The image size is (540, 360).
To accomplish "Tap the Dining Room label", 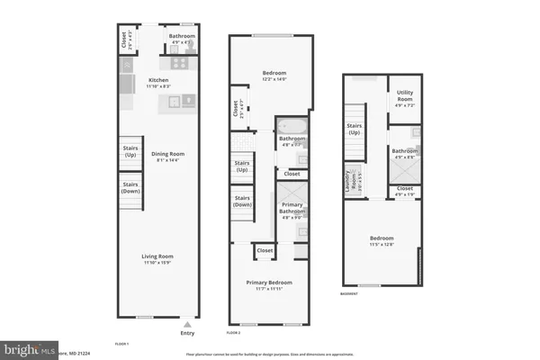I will (x=166, y=157).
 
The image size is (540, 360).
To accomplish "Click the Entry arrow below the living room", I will (x=186, y=325).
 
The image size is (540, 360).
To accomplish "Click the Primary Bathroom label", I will (x=292, y=211).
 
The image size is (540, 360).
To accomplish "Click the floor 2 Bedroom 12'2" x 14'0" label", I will (x=274, y=75).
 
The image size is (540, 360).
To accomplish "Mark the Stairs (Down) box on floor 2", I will (x=241, y=201).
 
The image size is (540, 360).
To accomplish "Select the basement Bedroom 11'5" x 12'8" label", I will (x=382, y=241).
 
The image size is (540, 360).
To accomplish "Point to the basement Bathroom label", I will (x=404, y=153).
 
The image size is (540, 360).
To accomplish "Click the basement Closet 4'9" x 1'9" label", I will (x=404, y=190).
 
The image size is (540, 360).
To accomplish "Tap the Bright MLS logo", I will (x=27, y=347).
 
